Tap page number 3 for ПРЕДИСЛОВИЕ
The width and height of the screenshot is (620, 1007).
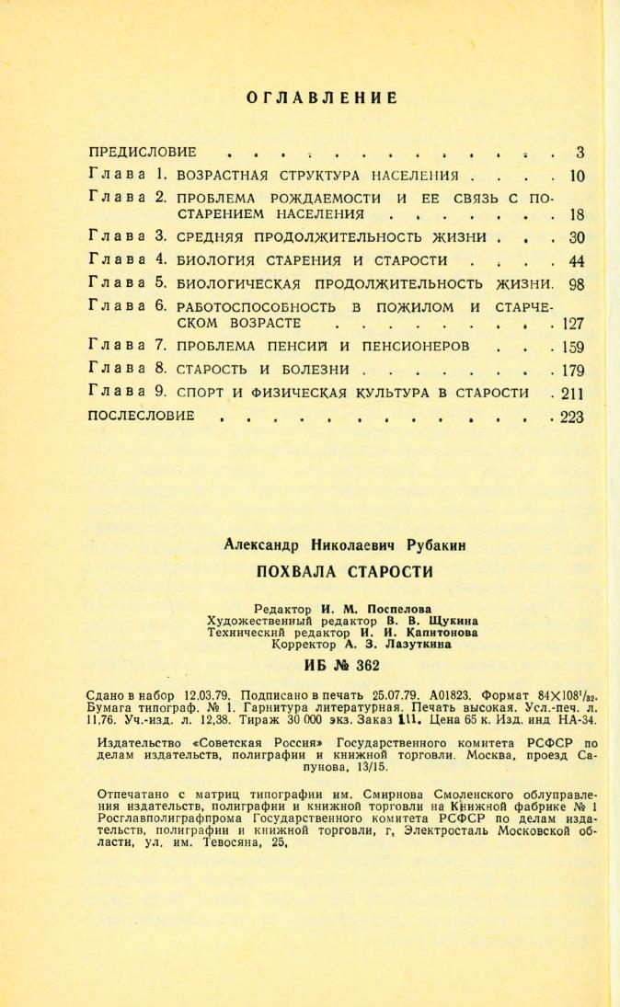(580, 152)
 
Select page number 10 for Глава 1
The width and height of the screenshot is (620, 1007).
(578, 175)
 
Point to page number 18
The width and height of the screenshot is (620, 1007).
(578, 215)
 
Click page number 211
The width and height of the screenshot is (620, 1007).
(573, 394)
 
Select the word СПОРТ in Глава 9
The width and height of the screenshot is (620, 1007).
(201, 394)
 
